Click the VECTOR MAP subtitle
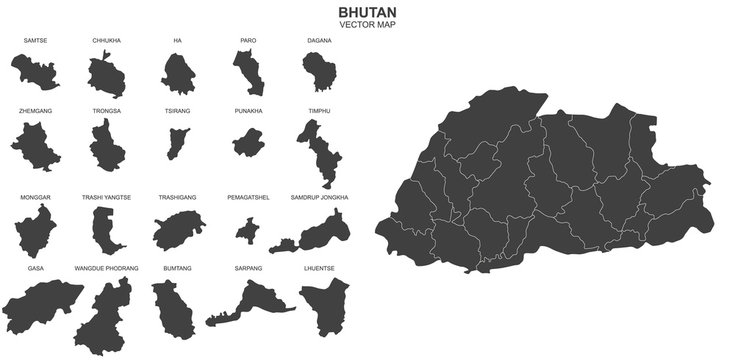click(x=367, y=24)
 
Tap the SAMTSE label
click(x=35, y=40)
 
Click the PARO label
click(x=248, y=40)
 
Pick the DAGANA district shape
click(x=319, y=72)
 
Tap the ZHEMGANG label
click(x=35, y=111)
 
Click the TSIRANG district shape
click(x=178, y=141)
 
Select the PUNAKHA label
click(x=248, y=111)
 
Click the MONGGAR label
click(x=35, y=198)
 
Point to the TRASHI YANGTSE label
click(x=106, y=198)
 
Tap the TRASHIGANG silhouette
click(x=178, y=230)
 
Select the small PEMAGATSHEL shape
click(x=246, y=231)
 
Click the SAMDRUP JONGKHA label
click(x=319, y=198)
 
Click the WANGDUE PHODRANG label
click(x=106, y=269)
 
